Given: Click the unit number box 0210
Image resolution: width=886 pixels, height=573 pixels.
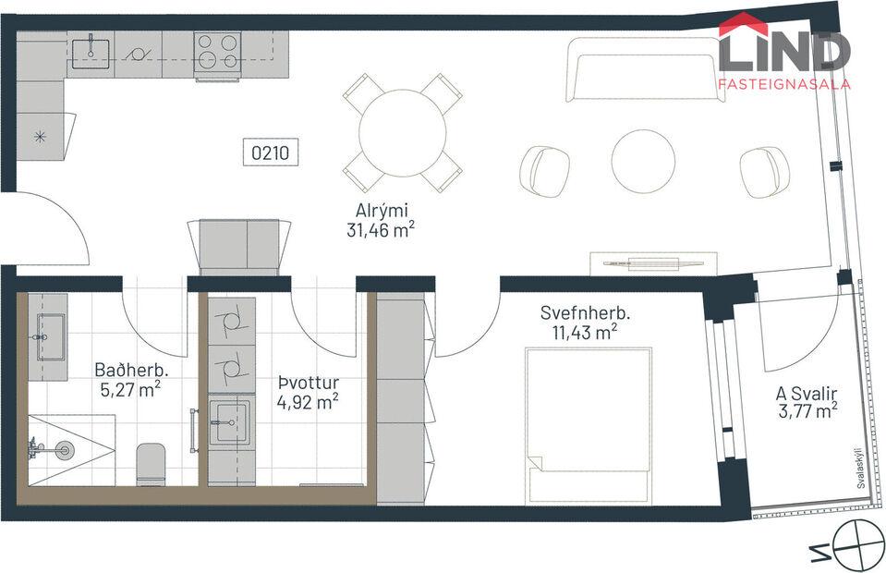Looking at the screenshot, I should click(x=272, y=152).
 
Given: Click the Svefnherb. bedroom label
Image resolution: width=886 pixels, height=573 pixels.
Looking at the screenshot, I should click(x=579, y=312).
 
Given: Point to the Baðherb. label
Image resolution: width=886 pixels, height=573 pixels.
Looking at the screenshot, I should click(x=126, y=370).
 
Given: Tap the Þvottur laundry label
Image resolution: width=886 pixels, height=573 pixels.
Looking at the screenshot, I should click(x=308, y=381).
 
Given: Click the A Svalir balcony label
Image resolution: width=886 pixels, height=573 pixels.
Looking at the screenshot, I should click(x=806, y=391).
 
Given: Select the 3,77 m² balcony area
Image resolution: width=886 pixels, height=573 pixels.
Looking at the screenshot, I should click(x=807, y=409).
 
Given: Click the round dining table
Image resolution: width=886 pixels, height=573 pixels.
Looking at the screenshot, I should click(x=403, y=132).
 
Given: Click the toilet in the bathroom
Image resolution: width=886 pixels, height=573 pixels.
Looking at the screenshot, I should click(x=151, y=464).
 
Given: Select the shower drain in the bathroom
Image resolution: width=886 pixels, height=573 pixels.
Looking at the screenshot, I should click(x=63, y=451).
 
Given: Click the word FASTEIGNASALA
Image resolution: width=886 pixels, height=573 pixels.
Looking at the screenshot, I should click(x=783, y=84).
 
